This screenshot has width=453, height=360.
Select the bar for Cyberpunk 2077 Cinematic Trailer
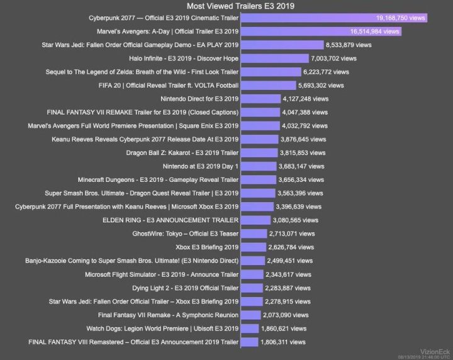(x=334, y=18)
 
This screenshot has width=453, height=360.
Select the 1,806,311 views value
(x=283, y=342)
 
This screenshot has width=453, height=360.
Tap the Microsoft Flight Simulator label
(x=162, y=274)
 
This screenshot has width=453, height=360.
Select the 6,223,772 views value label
(x=324, y=72)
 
